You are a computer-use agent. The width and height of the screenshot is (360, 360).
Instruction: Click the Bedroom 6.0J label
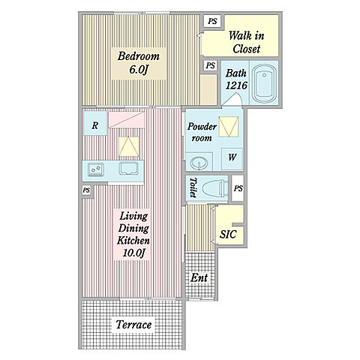(138, 63)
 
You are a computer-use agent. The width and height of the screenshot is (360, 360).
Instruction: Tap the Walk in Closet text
(247, 42)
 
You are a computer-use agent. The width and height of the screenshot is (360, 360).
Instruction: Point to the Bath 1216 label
(236, 79)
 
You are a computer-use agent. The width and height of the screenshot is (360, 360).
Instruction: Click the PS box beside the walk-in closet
(212, 21)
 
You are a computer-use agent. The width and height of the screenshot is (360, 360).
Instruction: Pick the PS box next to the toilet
(238, 188)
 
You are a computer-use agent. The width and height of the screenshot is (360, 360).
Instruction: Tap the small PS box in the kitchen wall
(86, 190)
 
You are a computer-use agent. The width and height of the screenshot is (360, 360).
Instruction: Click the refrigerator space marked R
(95, 123)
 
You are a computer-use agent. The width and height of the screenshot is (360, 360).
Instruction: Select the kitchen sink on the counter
(128, 168)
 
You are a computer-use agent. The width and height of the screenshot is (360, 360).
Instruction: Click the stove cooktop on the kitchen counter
(95, 169)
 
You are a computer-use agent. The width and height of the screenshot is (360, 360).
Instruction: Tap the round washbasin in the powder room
(199, 163)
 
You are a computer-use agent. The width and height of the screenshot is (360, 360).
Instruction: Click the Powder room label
(202, 132)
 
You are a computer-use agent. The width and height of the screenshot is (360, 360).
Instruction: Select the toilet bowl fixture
(214, 188)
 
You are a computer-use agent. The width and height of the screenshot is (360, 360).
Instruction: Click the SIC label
(228, 234)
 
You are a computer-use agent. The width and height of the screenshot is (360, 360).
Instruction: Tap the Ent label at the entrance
(199, 277)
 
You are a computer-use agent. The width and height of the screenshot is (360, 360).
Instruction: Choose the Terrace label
(133, 325)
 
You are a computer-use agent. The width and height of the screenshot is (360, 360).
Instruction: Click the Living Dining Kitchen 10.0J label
(133, 235)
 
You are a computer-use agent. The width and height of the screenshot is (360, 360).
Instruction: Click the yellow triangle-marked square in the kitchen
(129, 147)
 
